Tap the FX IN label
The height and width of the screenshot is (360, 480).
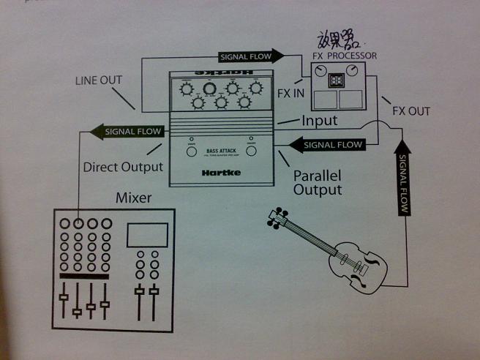click(291, 94)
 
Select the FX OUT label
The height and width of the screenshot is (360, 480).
click(411, 111)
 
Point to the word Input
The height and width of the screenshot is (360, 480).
click(319, 121)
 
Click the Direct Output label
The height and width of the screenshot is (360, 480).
click(123, 167)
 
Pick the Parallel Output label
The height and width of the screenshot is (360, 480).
click(318, 183)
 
